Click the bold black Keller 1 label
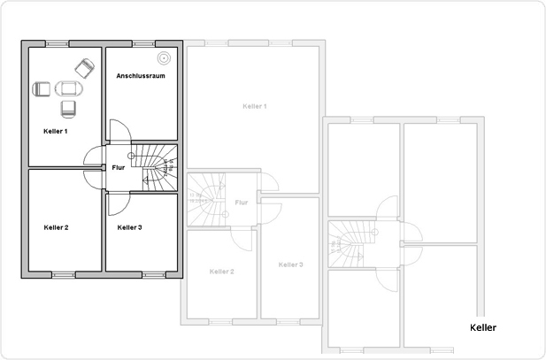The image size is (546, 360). click(55, 131)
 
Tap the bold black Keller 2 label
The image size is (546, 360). click(56, 227)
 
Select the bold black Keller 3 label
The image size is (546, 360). click(129, 227)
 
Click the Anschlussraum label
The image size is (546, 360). click(141, 77)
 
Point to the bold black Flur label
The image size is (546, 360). click(118, 167)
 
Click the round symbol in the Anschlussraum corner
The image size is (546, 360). click(164, 58)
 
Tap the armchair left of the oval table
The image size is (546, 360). click(42, 88)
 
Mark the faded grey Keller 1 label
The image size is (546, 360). click(254, 106)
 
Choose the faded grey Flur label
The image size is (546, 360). click(241, 202)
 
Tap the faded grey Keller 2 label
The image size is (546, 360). click(221, 271)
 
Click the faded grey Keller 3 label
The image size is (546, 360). click(290, 264)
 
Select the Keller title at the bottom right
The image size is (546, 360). click(483, 327)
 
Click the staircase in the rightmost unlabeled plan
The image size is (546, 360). click(347, 242)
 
